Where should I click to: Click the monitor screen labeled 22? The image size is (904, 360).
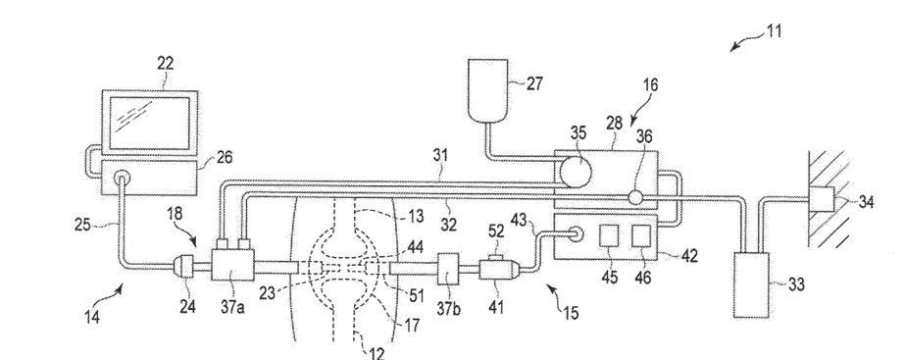click(150, 123)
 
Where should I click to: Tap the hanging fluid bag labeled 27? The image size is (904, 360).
click(487, 90)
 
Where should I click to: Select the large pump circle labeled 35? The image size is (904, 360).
click(577, 172)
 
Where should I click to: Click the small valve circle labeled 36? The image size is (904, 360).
click(635, 198)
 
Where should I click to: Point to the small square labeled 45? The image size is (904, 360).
click(610, 236)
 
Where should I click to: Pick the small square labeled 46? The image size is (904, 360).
click(641, 236)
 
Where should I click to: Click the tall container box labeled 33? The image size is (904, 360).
click(751, 285)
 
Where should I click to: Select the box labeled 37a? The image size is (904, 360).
click(232, 265)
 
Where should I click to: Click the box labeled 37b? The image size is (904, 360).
click(448, 268)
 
